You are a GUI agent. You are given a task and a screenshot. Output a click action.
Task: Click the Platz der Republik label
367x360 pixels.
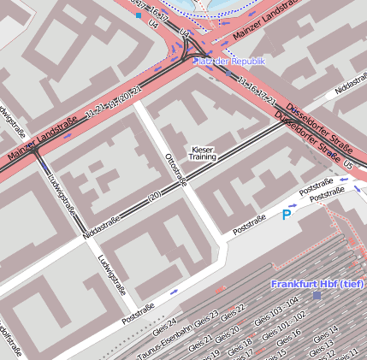pyautogui.click(x=229, y=62)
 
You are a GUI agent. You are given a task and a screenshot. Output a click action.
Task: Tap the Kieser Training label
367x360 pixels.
pyautogui.click(x=203, y=153)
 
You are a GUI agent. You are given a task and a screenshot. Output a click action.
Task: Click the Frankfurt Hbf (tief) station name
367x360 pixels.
pyautogui.click(x=317, y=283)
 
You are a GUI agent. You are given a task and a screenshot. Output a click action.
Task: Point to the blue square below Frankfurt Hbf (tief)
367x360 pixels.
pyautogui.click(x=317, y=295)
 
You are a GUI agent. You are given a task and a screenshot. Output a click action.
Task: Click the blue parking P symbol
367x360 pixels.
pyautogui.click(x=286, y=215)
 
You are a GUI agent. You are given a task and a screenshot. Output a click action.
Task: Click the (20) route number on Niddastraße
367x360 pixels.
pyautogui.click(x=155, y=196)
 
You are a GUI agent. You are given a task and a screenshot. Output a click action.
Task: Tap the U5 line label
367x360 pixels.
pyautogui.click(x=348, y=160)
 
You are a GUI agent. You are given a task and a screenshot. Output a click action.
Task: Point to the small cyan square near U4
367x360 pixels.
pyautogui.click(x=139, y=15)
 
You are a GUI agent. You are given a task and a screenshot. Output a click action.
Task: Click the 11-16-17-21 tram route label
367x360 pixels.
pyautogui.click(x=256, y=92)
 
